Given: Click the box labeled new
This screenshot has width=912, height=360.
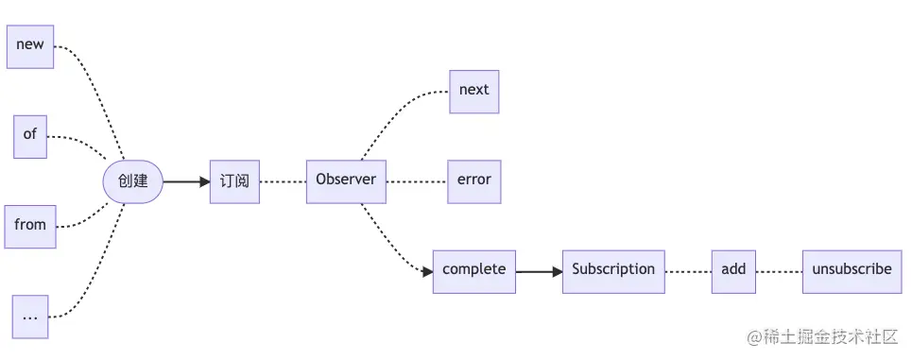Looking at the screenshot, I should (30, 44).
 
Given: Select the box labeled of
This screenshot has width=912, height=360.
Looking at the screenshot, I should (30, 134).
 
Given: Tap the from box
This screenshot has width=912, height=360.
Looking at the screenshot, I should (30, 225).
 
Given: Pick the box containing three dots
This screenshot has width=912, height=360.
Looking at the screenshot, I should (30, 317).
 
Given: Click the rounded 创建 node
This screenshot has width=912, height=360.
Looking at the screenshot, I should (132, 180).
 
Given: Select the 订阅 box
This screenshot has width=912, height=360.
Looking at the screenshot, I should (234, 180).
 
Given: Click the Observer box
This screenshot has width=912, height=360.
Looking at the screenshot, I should (346, 180).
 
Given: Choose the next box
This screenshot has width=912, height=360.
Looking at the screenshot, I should (473, 91).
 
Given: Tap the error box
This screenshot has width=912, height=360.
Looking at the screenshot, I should (473, 180).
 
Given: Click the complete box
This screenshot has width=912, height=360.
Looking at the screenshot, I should (474, 270).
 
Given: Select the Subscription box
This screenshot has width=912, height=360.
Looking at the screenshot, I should (613, 270).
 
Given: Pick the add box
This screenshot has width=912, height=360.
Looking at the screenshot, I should (733, 270).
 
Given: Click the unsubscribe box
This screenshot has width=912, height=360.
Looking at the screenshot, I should (851, 270).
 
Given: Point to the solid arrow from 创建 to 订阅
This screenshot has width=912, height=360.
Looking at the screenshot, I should (186, 180).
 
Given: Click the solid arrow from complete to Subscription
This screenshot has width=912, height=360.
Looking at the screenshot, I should (539, 270).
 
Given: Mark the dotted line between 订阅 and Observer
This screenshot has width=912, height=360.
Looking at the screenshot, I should (283, 180).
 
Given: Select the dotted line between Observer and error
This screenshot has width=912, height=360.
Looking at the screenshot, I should (417, 180).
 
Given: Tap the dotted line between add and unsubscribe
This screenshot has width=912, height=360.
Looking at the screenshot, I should (779, 270).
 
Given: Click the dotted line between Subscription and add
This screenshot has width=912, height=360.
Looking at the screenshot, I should (688, 270).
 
